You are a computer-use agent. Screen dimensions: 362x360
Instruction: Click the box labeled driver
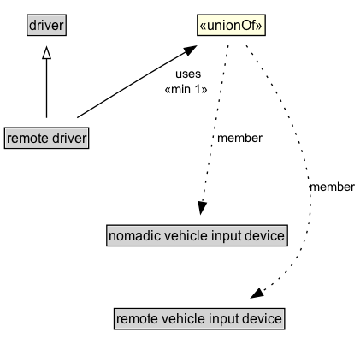point(46,27)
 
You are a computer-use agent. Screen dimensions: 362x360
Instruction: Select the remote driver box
point(46,137)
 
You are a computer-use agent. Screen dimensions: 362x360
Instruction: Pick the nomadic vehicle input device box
point(196,235)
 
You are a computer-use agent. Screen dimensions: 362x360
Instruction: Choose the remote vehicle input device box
point(198,320)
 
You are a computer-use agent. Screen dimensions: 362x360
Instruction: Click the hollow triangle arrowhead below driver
point(46,53)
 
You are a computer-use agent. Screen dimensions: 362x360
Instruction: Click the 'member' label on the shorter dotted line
point(239,138)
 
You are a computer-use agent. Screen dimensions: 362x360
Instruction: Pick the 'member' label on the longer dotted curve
point(331,187)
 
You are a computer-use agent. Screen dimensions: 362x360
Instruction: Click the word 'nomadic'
point(133,235)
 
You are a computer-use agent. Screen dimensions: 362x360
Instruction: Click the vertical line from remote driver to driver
point(46,94)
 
